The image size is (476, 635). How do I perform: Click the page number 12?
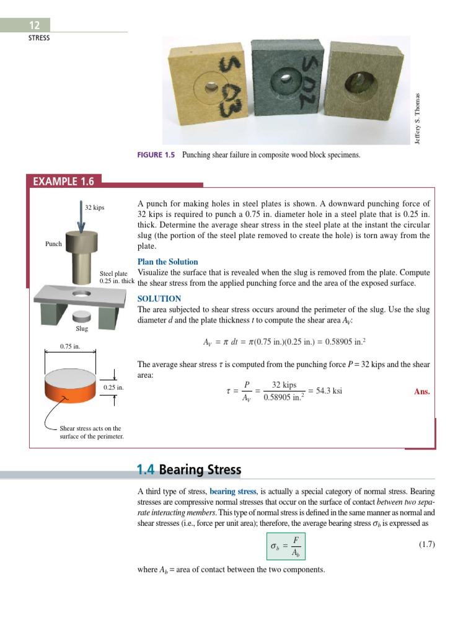tap(34, 25)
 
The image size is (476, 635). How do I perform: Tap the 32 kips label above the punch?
tap(95, 207)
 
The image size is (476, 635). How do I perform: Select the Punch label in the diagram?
tap(53, 244)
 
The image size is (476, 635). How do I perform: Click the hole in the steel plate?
tap(81, 292)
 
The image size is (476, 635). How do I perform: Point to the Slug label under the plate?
tap(81, 328)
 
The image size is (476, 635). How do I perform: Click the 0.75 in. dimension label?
tap(69, 345)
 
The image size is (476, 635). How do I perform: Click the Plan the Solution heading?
tap(167, 262)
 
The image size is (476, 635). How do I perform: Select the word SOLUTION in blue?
tap(159, 298)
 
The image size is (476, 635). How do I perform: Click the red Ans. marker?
tap(421, 391)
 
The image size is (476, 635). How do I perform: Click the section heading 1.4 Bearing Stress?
tap(189, 469)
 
